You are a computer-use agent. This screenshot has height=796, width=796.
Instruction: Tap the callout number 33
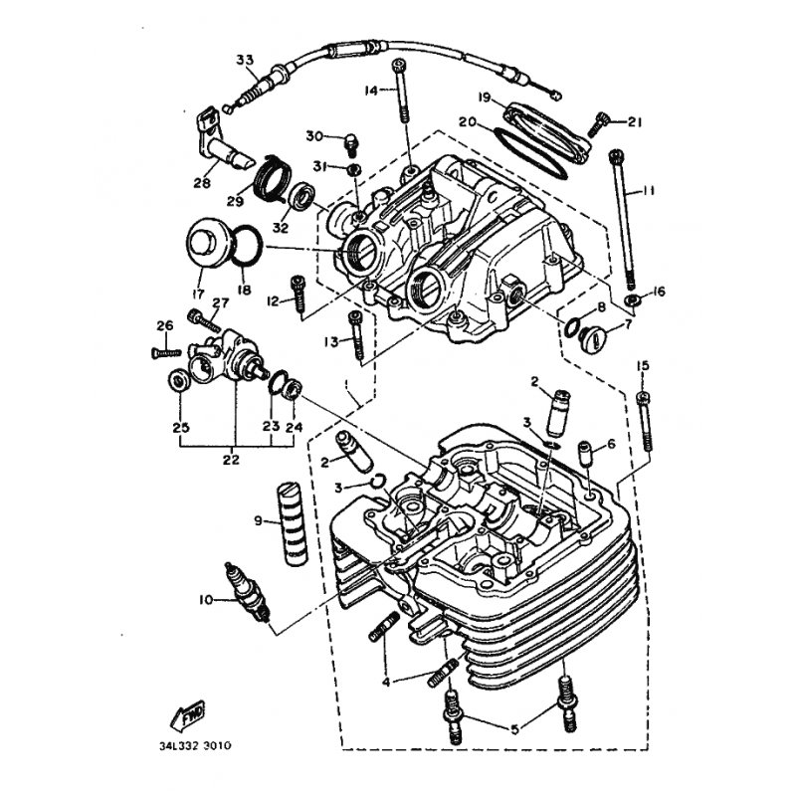pos(245,60)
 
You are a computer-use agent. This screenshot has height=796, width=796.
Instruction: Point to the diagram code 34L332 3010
pos(195,745)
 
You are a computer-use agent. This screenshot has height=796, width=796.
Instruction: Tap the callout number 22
pos(232,459)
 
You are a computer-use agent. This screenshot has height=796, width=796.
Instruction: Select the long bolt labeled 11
pos(623,218)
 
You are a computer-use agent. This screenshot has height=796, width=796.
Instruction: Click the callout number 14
pos(371,91)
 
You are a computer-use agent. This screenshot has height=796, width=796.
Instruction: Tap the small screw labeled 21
pos(598,124)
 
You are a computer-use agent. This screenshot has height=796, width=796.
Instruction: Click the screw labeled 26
pos(166,352)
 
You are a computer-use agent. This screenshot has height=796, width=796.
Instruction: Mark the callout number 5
pos(514,729)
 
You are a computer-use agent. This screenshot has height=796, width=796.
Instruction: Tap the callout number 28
pos(202,182)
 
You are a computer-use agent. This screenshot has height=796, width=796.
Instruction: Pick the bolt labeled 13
pos(356,336)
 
